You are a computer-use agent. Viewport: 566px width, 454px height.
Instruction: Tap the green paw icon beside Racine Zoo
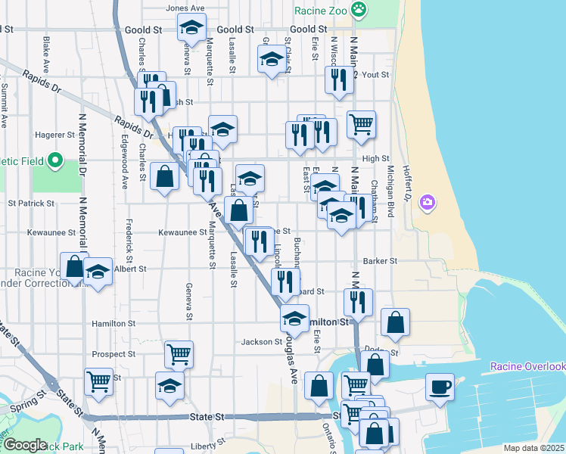coord(360,11)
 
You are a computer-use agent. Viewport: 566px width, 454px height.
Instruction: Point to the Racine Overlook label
coord(528,367)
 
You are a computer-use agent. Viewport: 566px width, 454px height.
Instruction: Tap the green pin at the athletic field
coord(54,160)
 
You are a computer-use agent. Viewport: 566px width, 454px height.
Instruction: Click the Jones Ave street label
coord(186,8)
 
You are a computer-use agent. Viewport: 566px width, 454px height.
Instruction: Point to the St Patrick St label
coord(31,204)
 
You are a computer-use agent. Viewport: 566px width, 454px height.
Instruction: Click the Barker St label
coord(380,261)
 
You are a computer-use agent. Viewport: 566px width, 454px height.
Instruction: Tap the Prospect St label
coord(114,354)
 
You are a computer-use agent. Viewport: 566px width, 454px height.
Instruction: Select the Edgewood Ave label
coord(126,162)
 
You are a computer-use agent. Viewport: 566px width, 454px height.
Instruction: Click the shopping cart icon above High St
coord(362,123)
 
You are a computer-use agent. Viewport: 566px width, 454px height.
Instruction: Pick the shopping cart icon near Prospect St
coord(179,353)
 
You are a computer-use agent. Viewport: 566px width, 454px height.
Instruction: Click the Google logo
coord(25,445)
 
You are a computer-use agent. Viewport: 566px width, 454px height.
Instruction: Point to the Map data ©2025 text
coord(533,448)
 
